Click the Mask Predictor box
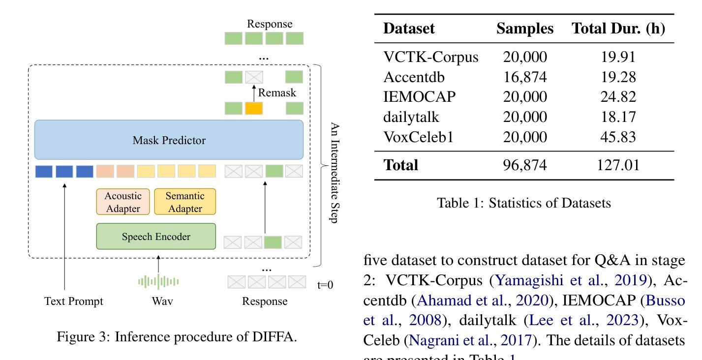169,140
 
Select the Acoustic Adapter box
123,202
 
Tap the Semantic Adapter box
185,202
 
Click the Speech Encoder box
156,237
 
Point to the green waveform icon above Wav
158,281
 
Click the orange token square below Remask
254,108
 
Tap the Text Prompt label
74,301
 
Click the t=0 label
325,284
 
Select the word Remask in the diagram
277,92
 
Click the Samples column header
525,29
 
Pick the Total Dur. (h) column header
618,29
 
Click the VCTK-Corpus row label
430,58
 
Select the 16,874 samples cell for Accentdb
525,77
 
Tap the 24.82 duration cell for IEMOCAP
618,97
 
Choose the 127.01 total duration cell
618,165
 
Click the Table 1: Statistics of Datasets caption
524,203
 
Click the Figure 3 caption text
177,337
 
